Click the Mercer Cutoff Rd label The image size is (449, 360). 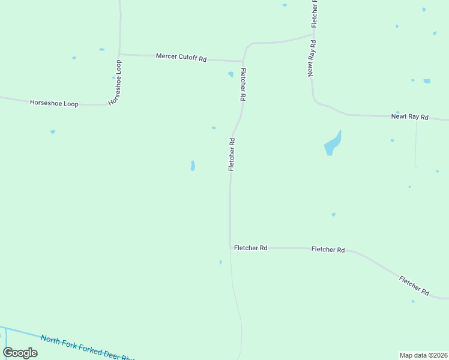[x=181, y=58]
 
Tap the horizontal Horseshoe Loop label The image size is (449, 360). [x=54, y=103]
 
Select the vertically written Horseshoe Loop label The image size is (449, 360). [x=115, y=83]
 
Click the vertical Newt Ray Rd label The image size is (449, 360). [x=312, y=58]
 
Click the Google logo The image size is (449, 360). [x=20, y=353]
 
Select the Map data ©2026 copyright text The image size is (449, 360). [x=423, y=355]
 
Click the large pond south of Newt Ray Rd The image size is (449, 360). [x=333, y=144]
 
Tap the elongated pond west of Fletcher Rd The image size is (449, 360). [x=193, y=166]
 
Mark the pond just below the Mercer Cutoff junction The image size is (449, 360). [x=231, y=74]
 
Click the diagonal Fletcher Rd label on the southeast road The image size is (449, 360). [x=414, y=285]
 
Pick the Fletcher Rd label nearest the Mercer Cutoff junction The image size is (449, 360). [x=243, y=84]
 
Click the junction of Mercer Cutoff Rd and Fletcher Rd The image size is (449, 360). [x=243, y=61]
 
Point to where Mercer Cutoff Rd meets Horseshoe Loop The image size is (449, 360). [x=120, y=54]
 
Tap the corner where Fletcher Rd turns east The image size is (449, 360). [x=230, y=247]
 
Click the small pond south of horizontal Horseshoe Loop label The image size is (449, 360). [x=53, y=131]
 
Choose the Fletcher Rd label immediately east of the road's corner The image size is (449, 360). [x=250, y=247]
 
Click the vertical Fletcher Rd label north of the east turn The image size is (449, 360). [x=231, y=155]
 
